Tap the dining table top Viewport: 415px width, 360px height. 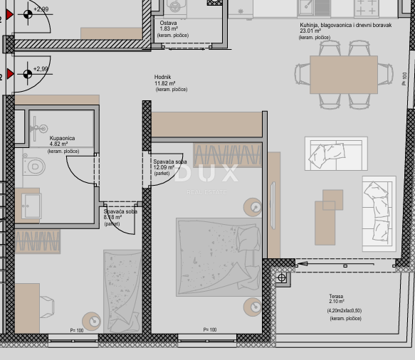click(x=343, y=75)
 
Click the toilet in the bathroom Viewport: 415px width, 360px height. click(x=33, y=166)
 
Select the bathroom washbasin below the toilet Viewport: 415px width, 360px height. click(x=31, y=205)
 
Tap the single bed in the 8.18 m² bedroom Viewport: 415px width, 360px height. click(x=123, y=290)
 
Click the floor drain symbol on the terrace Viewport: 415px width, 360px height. click(x=283, y=277)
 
